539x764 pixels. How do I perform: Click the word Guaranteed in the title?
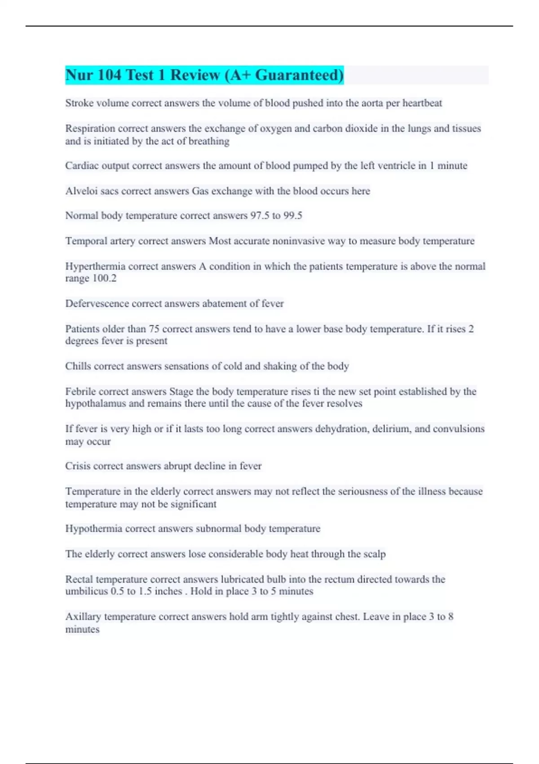click(299, 75)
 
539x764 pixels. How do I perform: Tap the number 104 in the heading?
click(109, 75)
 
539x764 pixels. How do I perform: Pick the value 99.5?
click(292, 216)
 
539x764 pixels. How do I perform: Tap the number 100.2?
click(104, 279)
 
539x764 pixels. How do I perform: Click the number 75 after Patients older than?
click(155, 329)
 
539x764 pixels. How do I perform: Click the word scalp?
click(375, 554)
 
